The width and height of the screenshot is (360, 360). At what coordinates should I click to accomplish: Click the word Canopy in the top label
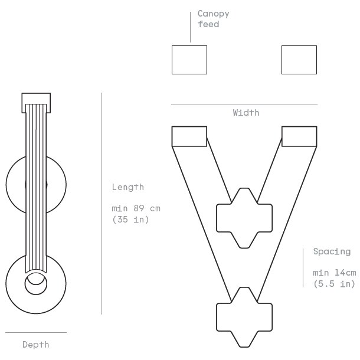[x=213, y=14]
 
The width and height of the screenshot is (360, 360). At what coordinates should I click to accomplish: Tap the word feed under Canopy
[x=208, y=24]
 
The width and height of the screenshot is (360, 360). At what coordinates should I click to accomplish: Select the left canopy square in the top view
[x=189, y=60]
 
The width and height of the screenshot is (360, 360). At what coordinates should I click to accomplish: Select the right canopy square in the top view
[x=299, y=60]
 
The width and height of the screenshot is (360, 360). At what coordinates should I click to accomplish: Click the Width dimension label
[x=246, y=113]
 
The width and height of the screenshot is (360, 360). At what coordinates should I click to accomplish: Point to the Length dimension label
[x=127, y=187]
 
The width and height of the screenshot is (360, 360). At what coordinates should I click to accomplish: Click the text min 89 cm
[x=136, y=208]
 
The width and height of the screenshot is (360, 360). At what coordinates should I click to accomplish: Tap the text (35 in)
[x=130, y=219]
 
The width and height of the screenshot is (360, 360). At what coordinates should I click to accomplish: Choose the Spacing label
[x=331, y=251]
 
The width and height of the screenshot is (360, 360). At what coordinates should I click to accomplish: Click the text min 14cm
[x=334, y=273]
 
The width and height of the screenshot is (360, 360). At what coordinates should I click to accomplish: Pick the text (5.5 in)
[x=334, y=283]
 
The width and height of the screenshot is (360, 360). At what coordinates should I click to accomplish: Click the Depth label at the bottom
[x=35, y=344]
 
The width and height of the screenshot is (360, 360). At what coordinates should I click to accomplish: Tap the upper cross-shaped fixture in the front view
[x=244, y=218]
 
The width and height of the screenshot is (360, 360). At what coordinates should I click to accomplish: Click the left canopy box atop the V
[x=189, y=136]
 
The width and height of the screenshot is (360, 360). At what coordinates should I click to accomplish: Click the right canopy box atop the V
[x=299, y=136]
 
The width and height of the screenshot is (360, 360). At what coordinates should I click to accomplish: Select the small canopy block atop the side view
[x=36, y=103]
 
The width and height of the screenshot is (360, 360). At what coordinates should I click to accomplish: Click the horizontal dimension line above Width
[x=244, y=104]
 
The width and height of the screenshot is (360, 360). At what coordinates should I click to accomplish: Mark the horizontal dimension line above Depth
[x=35, y=333]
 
